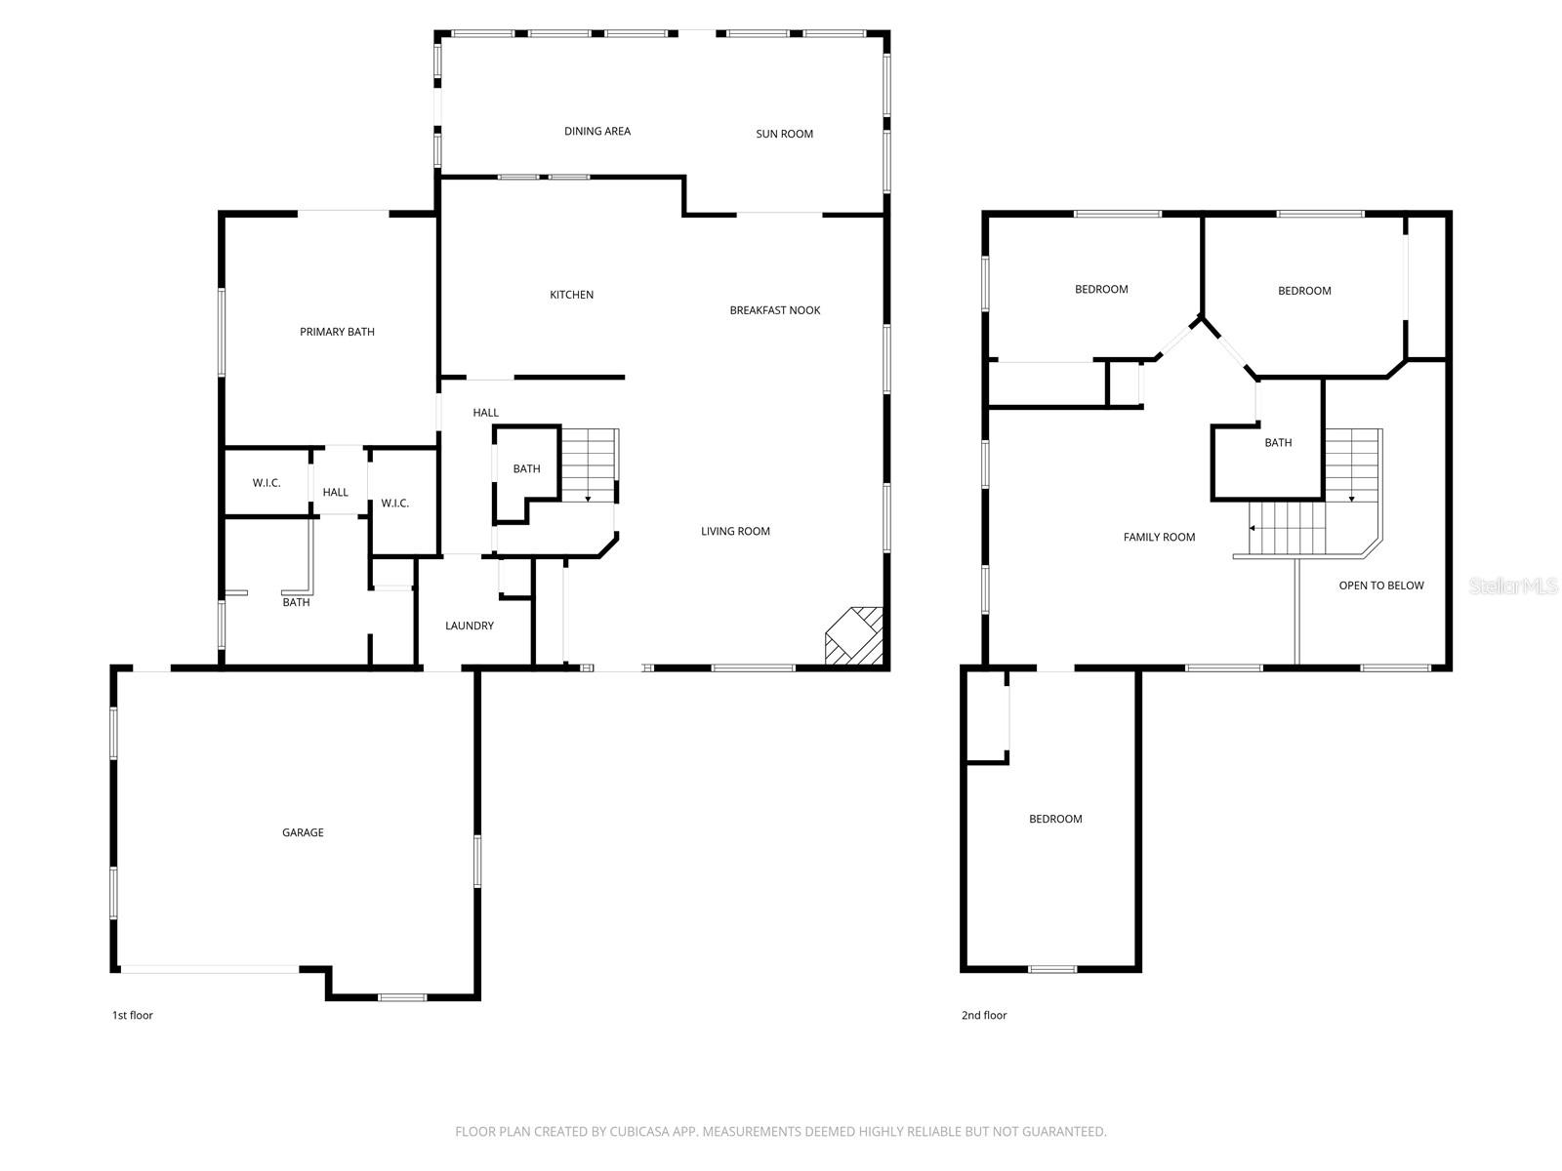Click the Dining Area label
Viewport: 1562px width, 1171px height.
(597, 131)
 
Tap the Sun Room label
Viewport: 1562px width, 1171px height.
(784, 134)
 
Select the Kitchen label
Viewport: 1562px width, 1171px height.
(571, 295)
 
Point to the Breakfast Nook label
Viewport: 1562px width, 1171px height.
(775, 310)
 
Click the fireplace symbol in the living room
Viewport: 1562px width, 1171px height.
(855, 638)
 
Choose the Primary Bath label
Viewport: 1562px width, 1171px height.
(337, 332)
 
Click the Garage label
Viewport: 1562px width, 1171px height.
(303, 832)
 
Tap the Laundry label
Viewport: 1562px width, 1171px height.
(470, 626)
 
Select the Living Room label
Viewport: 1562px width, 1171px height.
(735, 531)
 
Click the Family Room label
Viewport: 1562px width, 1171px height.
(1159, 537)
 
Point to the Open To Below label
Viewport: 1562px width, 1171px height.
(1380, 585)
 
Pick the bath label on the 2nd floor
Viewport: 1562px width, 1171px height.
(1278, 443)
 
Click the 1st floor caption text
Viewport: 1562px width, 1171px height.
(132, 1015)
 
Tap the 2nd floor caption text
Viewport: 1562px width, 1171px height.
(983, 1015)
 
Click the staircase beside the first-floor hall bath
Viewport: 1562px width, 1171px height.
(590, 465)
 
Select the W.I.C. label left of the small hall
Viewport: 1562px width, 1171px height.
(267, 483)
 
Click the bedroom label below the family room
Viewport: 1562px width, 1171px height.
(1055, 819)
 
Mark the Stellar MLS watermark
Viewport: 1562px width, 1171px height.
(1512, 585)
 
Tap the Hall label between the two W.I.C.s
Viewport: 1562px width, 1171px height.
(335, 493)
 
